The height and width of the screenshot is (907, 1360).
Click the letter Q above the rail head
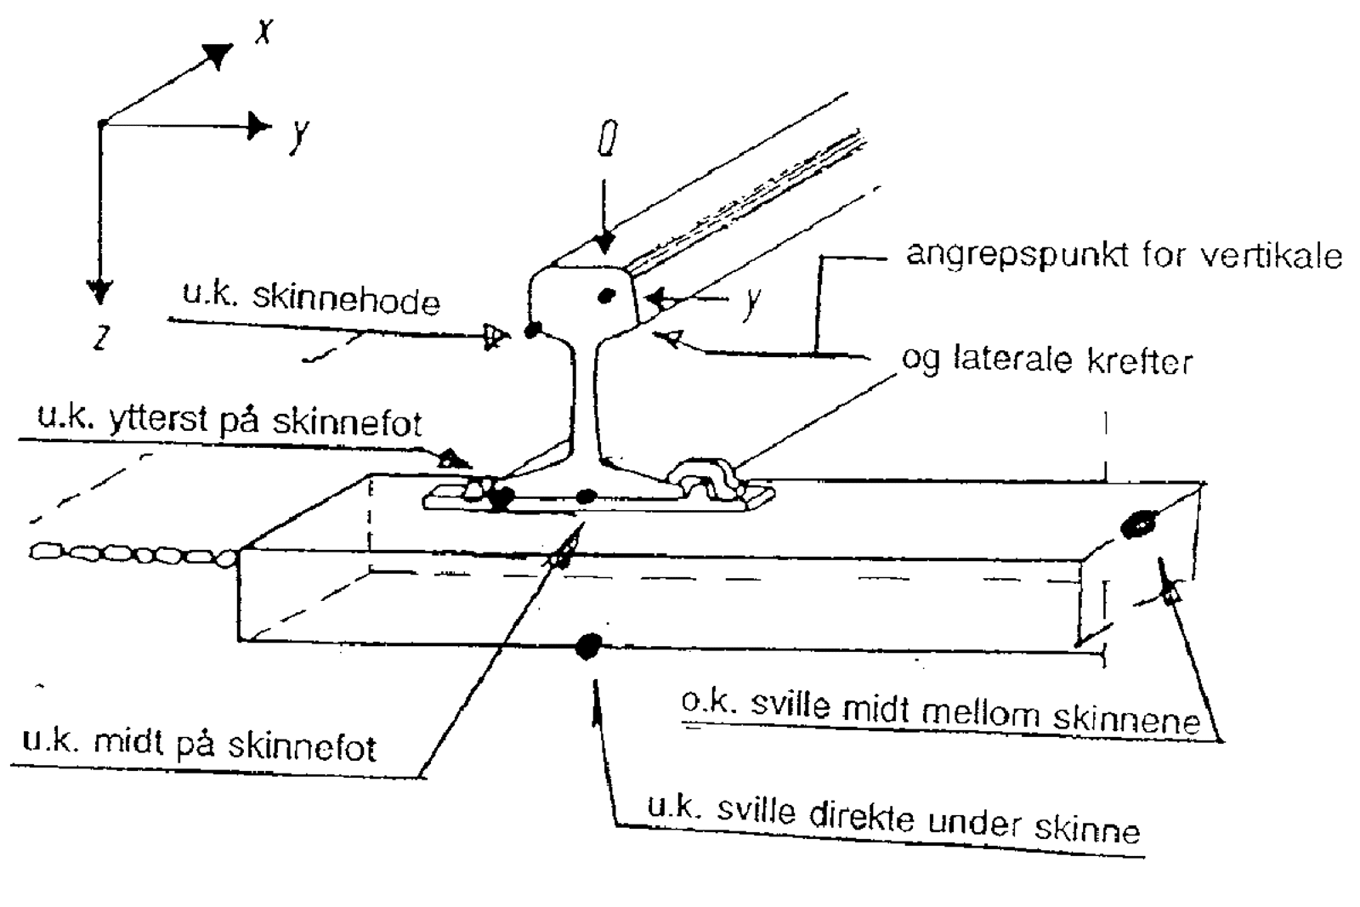(606, 139)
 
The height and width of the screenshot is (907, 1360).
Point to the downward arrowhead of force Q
(604, 244)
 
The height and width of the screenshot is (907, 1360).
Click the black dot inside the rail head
(606, 296)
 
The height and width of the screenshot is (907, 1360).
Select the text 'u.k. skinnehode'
(311, 299)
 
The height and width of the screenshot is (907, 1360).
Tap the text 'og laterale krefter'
(1046, 360)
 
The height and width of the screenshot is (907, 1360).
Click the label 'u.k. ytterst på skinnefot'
(229, 422)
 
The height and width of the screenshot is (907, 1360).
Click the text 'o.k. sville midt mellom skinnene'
(940, 712)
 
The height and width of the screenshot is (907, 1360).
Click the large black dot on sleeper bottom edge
(586, 646)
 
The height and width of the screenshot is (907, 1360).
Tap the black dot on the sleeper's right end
(1136, 524)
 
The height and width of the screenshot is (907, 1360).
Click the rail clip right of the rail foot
(707, 481)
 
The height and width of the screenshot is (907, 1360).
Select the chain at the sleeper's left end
(132, 555)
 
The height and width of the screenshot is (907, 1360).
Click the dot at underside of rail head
(533, 330)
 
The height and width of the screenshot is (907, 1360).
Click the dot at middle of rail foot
(586, 496)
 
